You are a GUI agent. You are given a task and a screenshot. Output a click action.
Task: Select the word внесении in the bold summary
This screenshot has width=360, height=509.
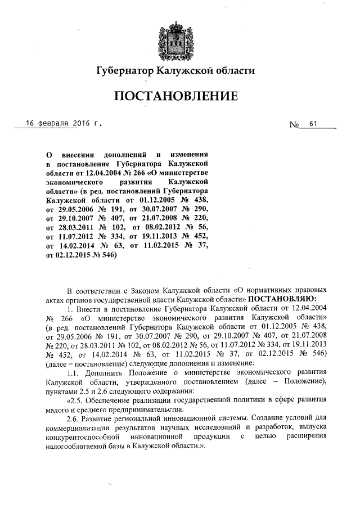pos(79,154)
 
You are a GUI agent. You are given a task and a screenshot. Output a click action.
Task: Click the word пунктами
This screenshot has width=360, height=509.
pos(62,390)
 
